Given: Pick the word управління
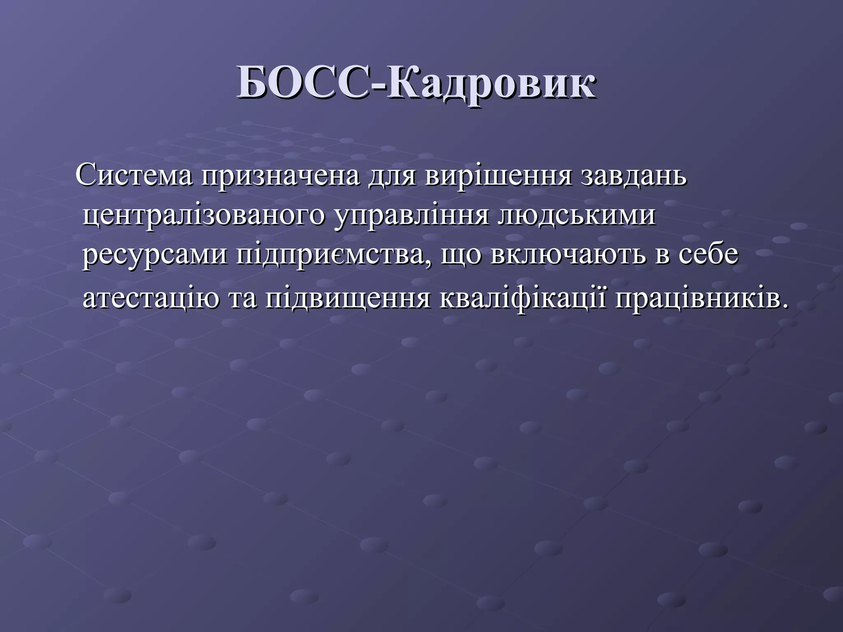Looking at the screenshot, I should coord(411,216).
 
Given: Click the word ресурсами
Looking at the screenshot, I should coord(155,255).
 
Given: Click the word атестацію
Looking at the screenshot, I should coord(151,299).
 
